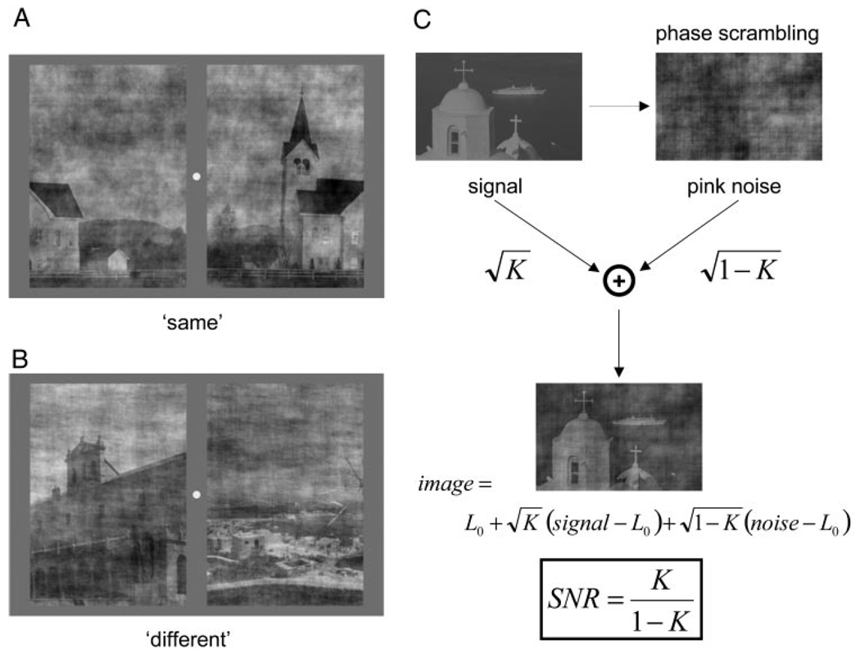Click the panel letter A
coord(21,20)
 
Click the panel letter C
coord(423,20)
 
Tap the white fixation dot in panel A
coord(195,176)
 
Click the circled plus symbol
coord(619,281)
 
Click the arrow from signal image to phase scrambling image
coord(618,106)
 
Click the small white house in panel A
coord(118,260)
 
